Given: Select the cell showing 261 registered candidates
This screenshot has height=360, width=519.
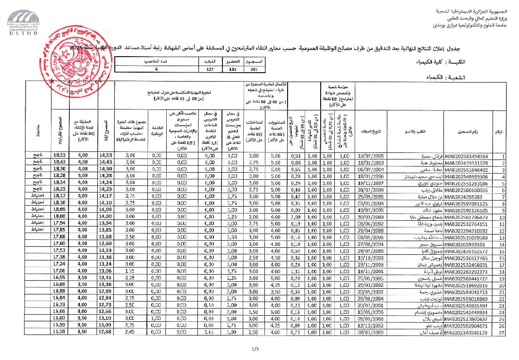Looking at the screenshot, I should click(254, 69).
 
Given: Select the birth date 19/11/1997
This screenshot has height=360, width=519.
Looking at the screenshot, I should click(373, 183).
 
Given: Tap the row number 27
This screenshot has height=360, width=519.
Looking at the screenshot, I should click(502, 333).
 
